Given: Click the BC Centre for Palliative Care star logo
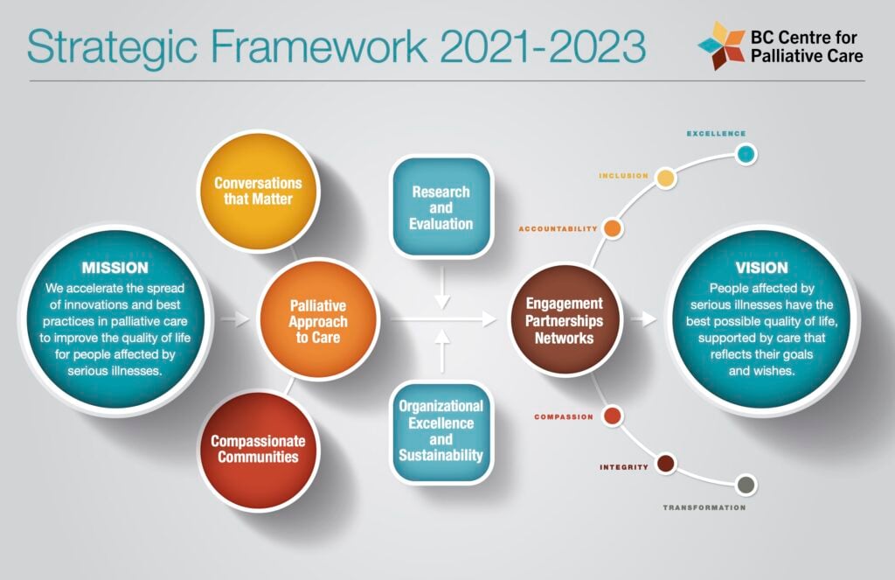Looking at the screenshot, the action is coord(721,45).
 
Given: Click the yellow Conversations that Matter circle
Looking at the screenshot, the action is coord(258,191).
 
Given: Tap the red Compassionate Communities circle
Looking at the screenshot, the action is coord(258,449).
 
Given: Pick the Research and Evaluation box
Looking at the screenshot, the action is coord(441,207).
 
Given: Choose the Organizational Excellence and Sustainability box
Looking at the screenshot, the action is coord(441,431).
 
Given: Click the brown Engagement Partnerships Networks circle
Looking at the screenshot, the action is coord(564,320).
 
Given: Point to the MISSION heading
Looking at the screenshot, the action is coord(114,268).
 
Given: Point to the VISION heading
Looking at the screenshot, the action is coord(761,268).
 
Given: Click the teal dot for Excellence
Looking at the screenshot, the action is coord(746,154).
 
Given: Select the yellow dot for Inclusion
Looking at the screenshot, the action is coord(665,178).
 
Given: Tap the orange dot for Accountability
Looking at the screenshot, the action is coord(612,228).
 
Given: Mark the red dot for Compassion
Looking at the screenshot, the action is coord(612,416).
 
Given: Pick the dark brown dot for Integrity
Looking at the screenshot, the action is coord(665,464).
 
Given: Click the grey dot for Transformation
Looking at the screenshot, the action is coord(746,486).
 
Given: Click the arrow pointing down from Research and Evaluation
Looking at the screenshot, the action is coord(442,288).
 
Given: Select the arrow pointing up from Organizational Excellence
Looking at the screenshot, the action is coord(442,351).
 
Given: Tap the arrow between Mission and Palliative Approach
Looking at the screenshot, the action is coord(235,318).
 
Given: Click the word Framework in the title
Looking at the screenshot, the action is coord(319,45).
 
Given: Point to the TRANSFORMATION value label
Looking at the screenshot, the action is coord(704,507).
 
